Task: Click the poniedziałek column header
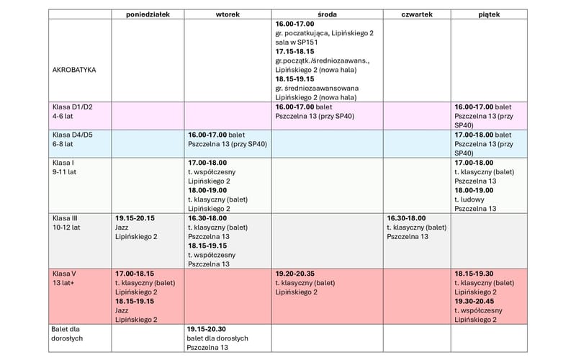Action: (147, 14)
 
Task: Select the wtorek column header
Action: (228, 14)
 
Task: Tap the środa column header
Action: (327, 14)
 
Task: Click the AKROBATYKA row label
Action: (75, 70)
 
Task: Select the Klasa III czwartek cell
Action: (416, 227)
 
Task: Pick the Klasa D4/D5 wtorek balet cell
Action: (227, 139)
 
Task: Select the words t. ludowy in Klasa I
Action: (472, 199)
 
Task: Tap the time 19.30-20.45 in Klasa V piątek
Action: (475, 302)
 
